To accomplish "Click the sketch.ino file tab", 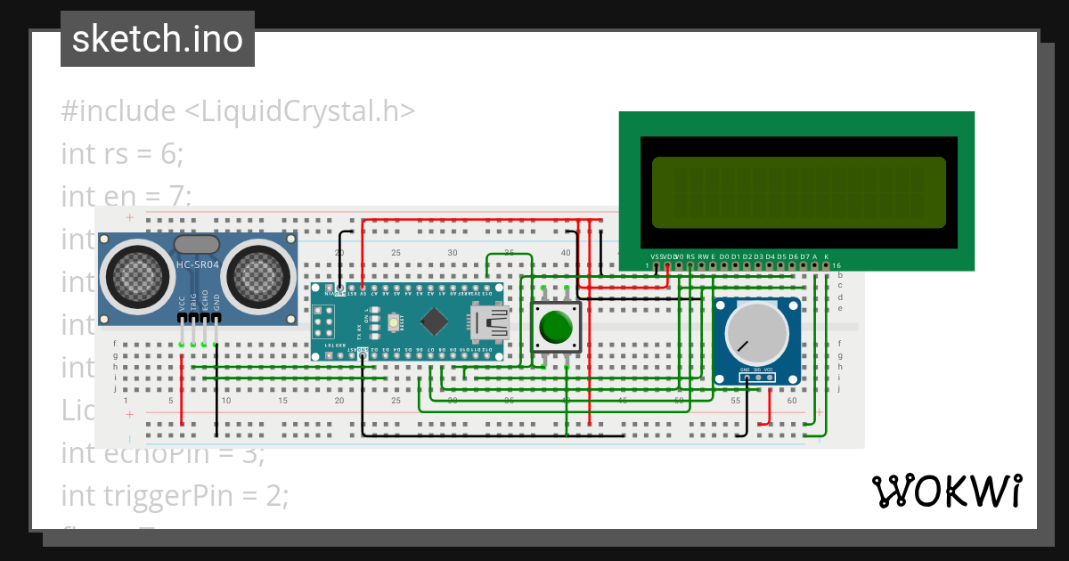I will (x=158, y=39).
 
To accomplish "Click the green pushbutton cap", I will (x=556, y=327).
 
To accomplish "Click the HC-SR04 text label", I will (x=197, y=264).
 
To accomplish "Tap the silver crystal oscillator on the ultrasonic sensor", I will (x=197, y=244).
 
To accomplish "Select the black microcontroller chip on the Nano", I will (x=434, y=321).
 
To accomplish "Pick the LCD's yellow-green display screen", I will (x=798, y=191).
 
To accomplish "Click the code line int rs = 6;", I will (x=122, y=153).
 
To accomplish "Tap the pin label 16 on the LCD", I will (x=836, y=266).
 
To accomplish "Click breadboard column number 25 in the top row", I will (x=396, y=254).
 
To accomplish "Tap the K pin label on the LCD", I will (x=826, y=256).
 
